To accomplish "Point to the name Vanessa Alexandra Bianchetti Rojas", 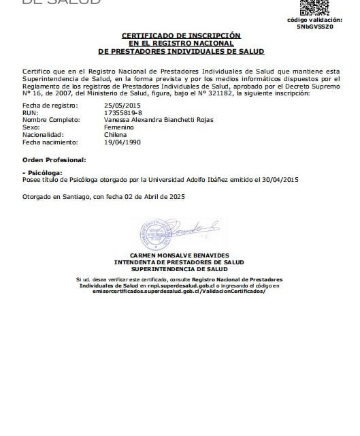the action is pyautogui.click(x=159, y=120).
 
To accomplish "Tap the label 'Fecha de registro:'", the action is pyautogui.click(x=50, y=106).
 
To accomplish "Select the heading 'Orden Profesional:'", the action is pyautogui.click(x=54, y=159).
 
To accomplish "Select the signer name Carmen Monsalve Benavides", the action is pyautogui.click(x=180, y=255).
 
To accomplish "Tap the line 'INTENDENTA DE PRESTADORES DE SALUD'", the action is pyautogui.click(x=180, y=262).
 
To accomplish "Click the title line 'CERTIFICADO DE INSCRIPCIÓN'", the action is pyautogui.click(x=181, y=35).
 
